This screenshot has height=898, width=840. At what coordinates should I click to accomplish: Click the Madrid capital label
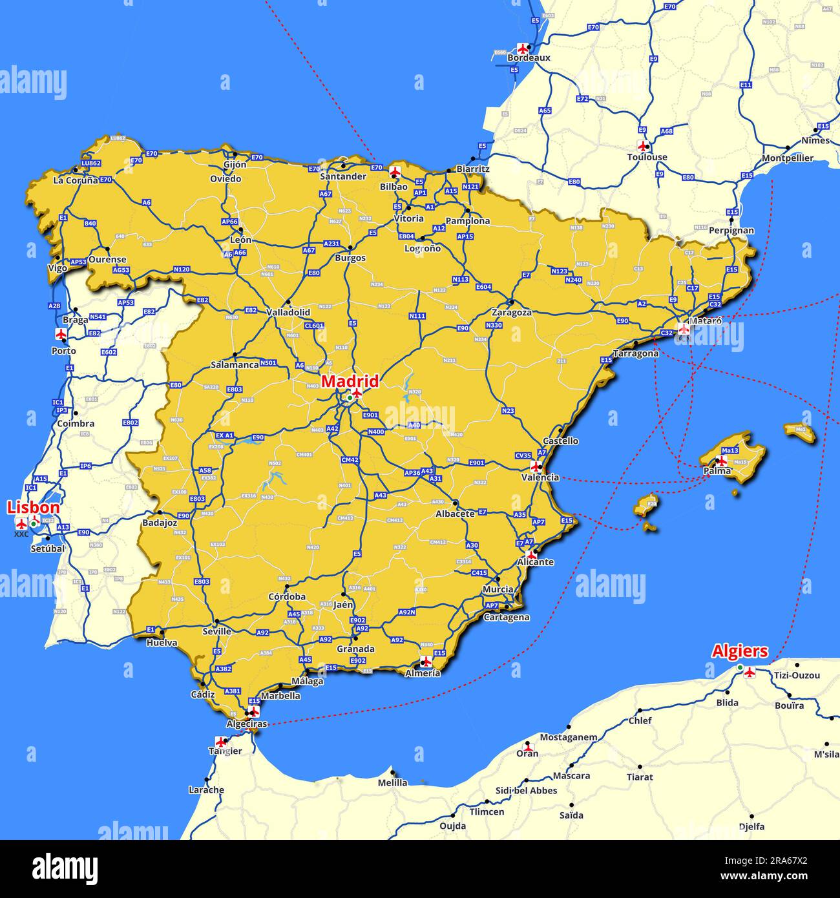pos(350,381)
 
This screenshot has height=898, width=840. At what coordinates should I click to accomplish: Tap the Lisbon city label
pos(33,508)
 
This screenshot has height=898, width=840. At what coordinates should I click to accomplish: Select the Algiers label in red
pos(740,651)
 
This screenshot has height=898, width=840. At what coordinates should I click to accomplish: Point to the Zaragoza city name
pos(511,312)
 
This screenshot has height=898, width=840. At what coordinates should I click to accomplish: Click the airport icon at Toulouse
pos(642,146)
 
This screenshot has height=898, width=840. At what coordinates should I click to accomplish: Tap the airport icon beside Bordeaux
pos(523,48)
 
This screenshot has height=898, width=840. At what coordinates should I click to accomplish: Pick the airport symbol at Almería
pos(426,661)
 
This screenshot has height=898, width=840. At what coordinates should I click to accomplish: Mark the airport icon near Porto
pos(61,334)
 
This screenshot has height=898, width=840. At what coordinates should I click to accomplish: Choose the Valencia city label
pos(540,477)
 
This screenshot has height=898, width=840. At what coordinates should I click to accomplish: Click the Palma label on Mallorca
pos(717,471)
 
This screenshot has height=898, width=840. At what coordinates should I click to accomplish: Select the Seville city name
pos(216,631)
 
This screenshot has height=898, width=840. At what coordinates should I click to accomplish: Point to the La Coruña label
pos(76,180)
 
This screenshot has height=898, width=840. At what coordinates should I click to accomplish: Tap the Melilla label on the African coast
pos(392,782)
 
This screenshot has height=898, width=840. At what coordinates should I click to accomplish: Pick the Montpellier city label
pos(787,158)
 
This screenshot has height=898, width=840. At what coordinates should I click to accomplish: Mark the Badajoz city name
pos(160,523)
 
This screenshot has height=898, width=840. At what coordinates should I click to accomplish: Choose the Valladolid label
pos(288,312)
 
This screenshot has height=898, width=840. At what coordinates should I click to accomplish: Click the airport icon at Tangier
pos(222,742)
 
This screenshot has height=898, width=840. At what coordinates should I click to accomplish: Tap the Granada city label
pos(355,649)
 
